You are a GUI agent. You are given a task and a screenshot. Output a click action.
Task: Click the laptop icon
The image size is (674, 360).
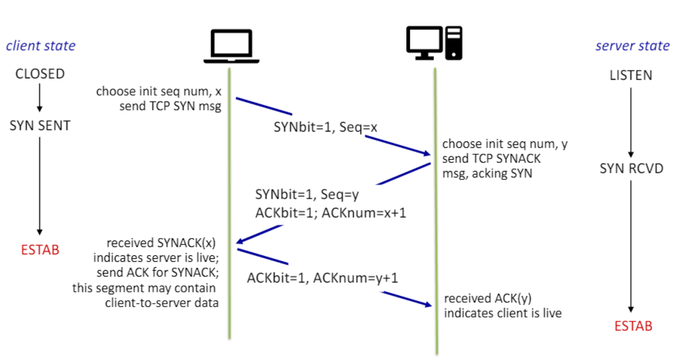(231, 46)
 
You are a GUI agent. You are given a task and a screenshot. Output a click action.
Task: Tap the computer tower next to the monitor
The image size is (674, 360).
(454, 43)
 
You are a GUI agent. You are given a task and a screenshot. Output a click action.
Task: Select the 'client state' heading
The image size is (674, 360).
(41, 46)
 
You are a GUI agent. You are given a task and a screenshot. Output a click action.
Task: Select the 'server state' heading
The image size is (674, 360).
(633, 46)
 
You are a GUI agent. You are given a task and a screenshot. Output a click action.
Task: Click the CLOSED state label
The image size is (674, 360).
(40, 74)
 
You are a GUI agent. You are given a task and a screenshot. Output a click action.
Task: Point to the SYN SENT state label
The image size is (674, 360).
(40, 126)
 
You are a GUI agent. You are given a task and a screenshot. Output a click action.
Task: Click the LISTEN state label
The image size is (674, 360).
(631, 75)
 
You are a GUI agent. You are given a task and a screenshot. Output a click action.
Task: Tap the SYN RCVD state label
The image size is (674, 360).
(632, 169)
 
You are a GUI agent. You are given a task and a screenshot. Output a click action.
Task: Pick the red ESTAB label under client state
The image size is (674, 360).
(40, 250)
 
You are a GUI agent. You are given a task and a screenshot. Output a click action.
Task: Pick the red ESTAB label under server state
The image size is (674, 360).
(634, 326)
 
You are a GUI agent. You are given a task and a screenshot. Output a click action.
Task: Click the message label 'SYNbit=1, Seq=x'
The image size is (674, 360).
(325, 127)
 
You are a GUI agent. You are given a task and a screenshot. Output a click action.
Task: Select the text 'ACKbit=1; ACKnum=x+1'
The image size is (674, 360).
(331, 213)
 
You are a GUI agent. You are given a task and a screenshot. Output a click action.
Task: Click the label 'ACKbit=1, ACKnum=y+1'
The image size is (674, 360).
(323, 278)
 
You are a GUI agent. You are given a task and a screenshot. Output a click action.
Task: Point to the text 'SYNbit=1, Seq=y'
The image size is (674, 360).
(307, 195)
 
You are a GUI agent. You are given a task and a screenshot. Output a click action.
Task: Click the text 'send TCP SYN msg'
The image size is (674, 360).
(170, 106)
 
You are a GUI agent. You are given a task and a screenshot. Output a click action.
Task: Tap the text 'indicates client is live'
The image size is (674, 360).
(503, 313)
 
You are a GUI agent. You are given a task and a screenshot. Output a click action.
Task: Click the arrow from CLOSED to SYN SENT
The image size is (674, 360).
(39, 98)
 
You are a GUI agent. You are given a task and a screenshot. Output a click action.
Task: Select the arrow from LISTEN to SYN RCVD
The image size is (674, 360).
(631, 122)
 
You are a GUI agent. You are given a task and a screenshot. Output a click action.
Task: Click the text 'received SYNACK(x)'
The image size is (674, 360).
(161, 243)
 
